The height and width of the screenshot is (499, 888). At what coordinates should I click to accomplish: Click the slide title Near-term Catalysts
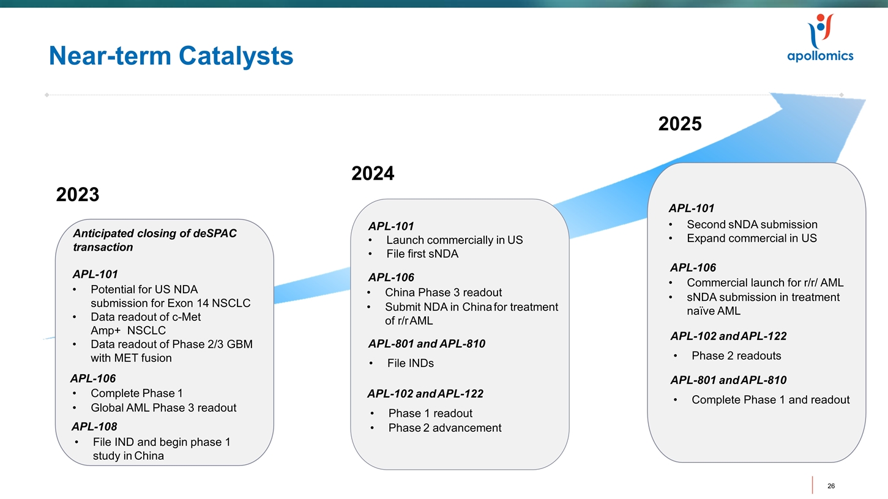coord(171,56)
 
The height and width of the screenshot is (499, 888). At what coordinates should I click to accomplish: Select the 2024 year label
coord(373,174)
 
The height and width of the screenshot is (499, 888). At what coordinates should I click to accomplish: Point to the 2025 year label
coord(679,124)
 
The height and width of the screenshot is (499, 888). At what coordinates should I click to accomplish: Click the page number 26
coord(830,486)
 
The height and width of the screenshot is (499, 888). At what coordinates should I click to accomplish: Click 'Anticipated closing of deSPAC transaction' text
coord(154,240)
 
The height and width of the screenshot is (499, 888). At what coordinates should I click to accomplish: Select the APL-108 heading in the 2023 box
coord(94,426)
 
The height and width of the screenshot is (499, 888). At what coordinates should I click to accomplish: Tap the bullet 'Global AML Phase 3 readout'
coord(163,408)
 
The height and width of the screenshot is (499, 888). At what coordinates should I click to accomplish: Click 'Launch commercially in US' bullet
coord(454,240)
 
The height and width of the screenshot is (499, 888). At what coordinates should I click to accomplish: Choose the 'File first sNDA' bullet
coord(422,254)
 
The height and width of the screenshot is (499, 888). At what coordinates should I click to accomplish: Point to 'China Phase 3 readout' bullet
coord(443,292)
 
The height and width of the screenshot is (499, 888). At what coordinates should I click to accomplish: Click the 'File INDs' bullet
coord(410,363)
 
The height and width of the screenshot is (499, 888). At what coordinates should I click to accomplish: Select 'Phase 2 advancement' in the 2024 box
coord(444,427)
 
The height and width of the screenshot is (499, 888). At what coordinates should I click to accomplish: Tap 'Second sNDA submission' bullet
coord(752,224)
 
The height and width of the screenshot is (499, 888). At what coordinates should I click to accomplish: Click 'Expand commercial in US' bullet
coord(751,238)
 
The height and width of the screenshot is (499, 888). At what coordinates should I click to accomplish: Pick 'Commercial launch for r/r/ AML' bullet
coord(764,283)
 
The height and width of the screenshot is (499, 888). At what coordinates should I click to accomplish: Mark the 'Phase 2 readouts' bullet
coord(736,356)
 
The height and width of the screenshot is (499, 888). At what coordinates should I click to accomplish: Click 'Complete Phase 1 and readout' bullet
coord(770,400)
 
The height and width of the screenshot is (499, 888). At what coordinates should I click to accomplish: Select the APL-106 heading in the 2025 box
coord(693,267)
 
